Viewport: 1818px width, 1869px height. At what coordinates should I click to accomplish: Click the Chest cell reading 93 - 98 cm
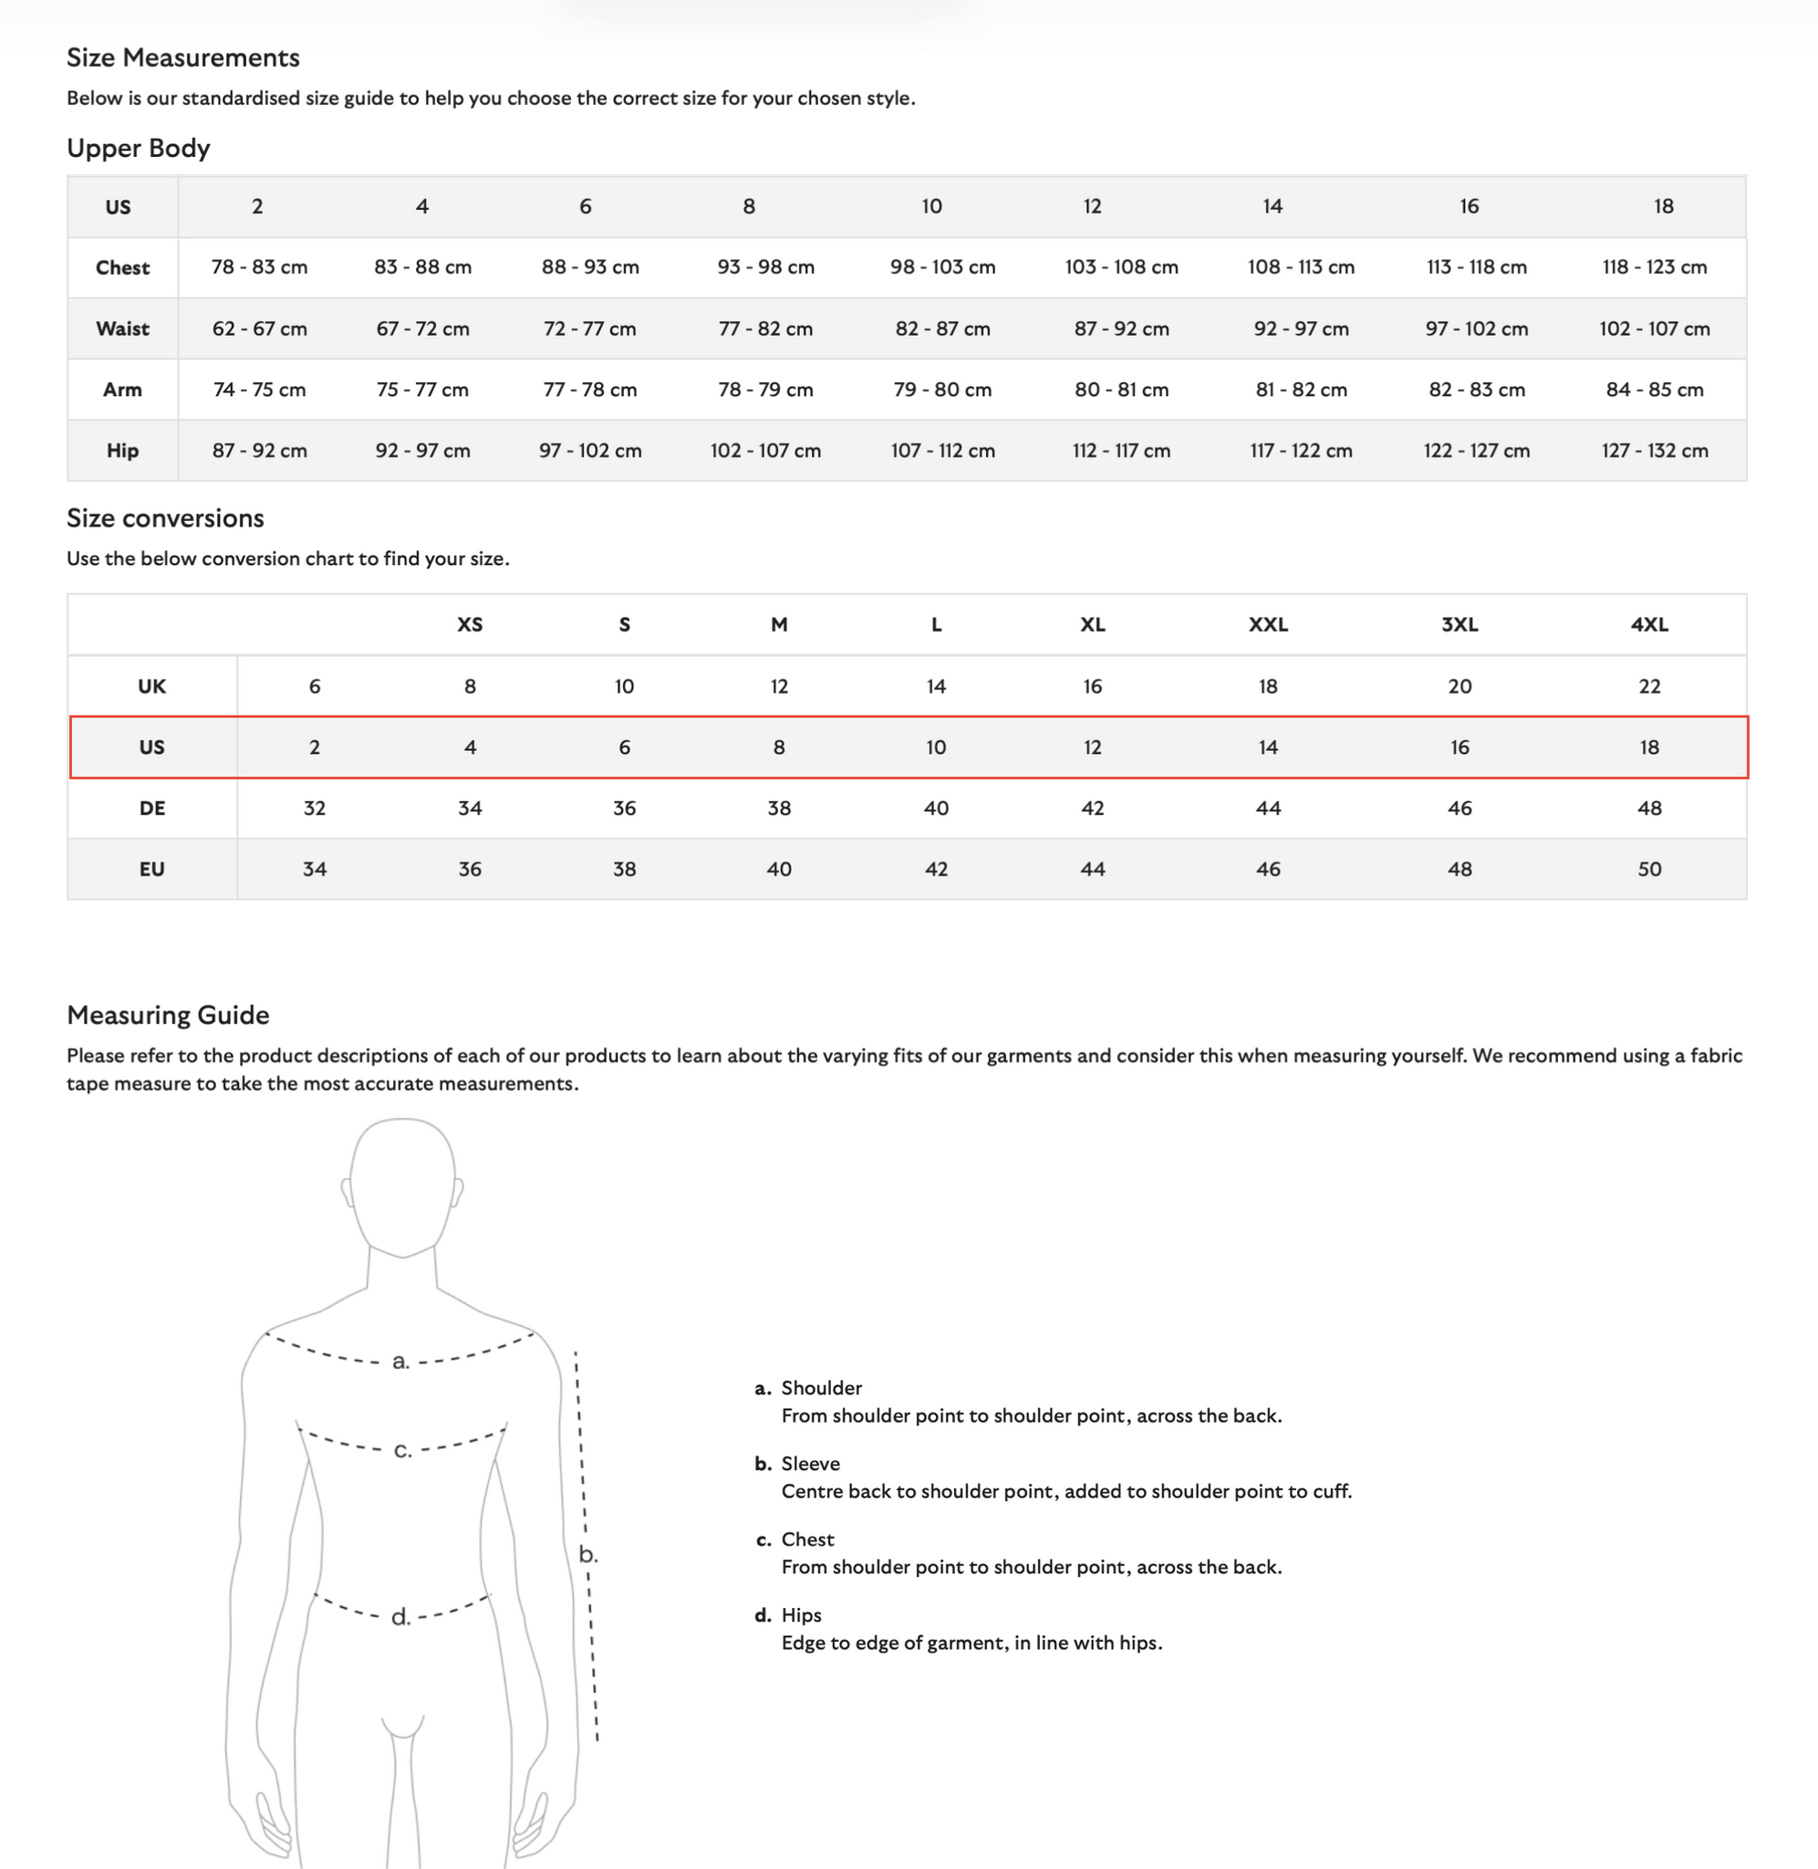point(764,267)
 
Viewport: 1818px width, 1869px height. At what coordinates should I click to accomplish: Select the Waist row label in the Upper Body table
point(122,329)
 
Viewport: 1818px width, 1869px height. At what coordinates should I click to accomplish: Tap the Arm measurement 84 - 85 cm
point(1654,390)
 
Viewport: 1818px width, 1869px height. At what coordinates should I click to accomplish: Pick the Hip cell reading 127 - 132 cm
point(1654,451)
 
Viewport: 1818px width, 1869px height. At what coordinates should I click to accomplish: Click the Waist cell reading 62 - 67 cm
point(259,329)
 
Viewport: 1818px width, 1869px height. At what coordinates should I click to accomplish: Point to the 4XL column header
point(1649,624)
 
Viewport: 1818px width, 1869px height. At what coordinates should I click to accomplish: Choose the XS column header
point(470,624)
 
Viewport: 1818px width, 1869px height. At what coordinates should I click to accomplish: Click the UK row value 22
point(1649,685)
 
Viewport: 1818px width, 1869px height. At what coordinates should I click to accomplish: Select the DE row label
point(151,808)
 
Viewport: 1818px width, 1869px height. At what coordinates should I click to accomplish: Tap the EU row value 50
point(1649,869)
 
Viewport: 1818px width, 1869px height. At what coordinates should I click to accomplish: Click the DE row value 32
point(314,808)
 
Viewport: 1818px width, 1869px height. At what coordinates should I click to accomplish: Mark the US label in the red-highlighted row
point(151,747)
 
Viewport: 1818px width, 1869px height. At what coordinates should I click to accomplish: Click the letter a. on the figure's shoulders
point(401,1361)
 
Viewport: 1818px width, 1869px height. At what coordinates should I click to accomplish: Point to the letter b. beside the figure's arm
point(588,1554)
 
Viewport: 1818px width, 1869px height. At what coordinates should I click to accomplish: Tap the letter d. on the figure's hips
point(401,1617)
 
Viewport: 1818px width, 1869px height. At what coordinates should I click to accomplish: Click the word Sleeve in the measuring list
point(811,1463)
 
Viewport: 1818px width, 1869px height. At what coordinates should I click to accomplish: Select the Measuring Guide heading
point(168,1014)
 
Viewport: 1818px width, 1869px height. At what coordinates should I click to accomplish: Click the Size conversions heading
point(165,517)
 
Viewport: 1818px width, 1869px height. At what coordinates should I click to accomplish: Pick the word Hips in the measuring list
point(801,1615)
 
